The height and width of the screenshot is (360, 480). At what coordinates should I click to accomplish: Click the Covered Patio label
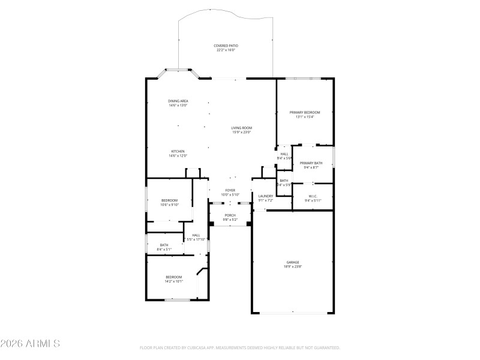[x=226, y=46]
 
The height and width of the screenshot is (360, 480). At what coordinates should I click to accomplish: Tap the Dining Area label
[x=178, y=101]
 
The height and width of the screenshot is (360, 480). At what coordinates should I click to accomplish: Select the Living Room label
[x=242, y=127]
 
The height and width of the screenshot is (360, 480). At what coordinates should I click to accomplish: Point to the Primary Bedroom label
[x=305, y=112]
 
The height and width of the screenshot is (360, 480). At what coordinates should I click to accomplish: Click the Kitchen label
[x=178, y=151]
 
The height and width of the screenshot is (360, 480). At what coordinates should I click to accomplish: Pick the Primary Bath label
[x=311, y=163]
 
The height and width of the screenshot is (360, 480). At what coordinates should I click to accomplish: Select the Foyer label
[x=230, y=190]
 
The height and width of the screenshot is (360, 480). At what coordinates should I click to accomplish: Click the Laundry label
[x=266, y=196]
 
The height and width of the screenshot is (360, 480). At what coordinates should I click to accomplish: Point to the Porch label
[x=230, y=215]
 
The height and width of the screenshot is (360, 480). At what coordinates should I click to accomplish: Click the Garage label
[x=292, y=262]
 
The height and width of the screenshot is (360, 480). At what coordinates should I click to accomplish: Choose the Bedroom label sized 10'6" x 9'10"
[x=169, y=200]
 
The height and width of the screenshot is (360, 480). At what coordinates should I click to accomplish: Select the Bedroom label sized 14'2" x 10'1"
[x=174, y=277]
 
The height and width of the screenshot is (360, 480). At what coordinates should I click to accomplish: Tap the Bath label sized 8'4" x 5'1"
[x=164, y=245]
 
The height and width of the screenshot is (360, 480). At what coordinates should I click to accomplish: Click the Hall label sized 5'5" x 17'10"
[x=196, y=235]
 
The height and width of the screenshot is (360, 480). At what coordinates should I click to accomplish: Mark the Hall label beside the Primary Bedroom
[x=284, y=154]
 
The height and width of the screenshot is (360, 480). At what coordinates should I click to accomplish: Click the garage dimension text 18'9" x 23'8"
[x=292, y=266]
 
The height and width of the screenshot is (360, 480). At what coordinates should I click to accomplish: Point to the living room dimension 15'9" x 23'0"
[x=242, y=132]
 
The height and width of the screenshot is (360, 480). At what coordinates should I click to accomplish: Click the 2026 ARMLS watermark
[x=30, y=344]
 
